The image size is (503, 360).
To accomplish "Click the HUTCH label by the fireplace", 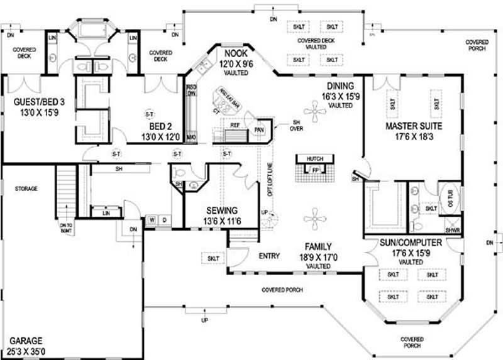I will pos(314,160).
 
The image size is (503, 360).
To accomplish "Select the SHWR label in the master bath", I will pos(453,231).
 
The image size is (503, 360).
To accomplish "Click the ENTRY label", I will pos(269,256).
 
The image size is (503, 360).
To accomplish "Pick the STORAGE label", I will pos(26,188).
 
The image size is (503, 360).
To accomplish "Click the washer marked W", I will pos(152,220).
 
